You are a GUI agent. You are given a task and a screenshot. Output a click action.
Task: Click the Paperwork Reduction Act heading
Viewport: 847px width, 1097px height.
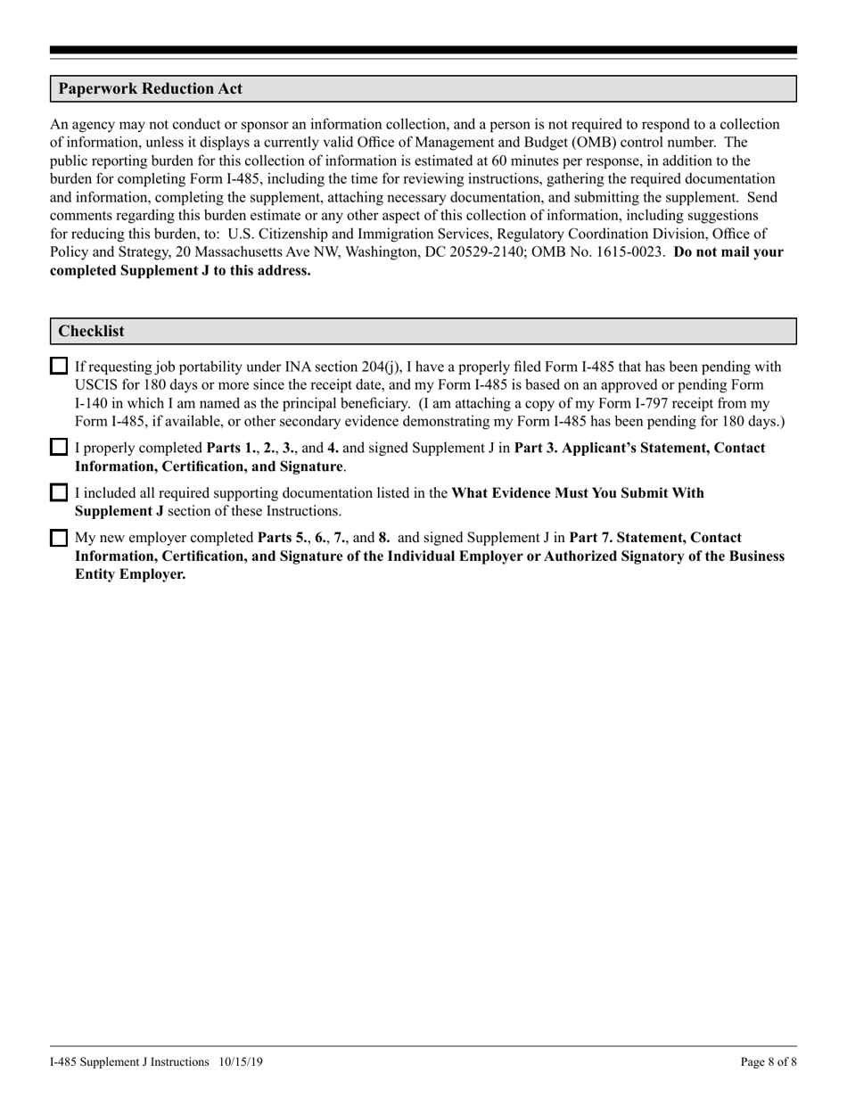pos(150,89)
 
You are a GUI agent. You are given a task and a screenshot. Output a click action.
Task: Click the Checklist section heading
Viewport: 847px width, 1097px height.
pos(91,331)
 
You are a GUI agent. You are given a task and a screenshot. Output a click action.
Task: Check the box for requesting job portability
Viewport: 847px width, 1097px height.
pos(59,367)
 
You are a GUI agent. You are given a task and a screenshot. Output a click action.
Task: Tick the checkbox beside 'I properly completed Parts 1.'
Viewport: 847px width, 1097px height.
pos(59,448)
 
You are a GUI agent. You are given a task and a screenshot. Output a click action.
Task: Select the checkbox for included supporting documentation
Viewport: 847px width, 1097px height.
pos(59,492)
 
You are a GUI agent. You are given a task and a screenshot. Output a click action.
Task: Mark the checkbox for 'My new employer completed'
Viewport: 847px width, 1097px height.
pos(59,538)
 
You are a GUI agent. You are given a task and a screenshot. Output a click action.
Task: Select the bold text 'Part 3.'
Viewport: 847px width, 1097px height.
pos(536,448)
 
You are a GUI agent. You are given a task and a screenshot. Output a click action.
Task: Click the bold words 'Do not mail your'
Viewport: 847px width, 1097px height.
pos(728,252)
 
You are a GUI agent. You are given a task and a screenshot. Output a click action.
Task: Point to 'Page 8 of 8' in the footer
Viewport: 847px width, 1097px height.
pos(769,1062)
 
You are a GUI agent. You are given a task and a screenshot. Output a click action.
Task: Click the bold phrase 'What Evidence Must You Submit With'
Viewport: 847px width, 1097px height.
pos(578,493)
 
